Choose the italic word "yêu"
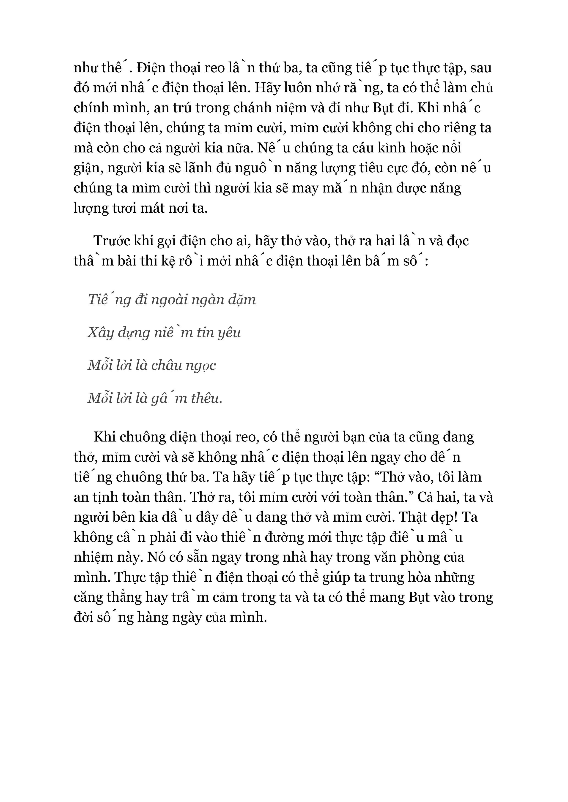click(229, 333)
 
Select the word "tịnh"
click(106, 497)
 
